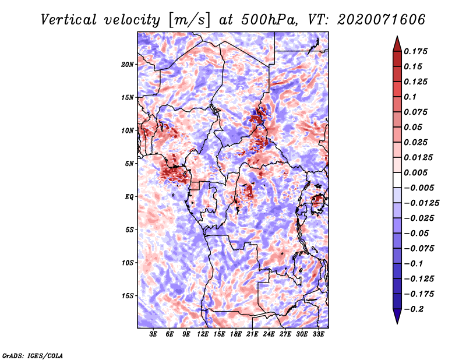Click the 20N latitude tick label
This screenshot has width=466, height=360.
click(128, 65)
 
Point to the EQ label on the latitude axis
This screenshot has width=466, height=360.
click(129, 197)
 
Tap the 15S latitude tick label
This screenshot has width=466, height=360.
click(128, 296)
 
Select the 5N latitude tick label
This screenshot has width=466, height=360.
click(129, 164)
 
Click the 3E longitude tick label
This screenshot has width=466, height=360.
click(153, 334)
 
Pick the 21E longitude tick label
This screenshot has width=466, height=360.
click(252, 334)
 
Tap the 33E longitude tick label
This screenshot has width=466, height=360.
click(318, 334)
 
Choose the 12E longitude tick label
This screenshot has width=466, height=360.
click(202, 334)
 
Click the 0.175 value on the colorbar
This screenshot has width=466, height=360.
click(416, 51)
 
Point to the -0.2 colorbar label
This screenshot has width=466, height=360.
click(414, 309)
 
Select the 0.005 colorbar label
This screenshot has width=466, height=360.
click(416, 172)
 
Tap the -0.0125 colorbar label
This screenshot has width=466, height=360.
click(421, 203)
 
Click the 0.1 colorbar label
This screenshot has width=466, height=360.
click(410, 97)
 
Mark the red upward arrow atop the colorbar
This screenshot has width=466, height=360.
click(397, 44)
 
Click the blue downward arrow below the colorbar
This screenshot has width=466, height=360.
click(397, 316)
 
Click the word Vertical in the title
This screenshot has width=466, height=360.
click(69, 20)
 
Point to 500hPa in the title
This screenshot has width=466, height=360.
click(269, 20)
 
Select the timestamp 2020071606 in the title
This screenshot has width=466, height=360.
click(382, 20)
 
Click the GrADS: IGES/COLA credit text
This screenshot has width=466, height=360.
click(33, 355)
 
